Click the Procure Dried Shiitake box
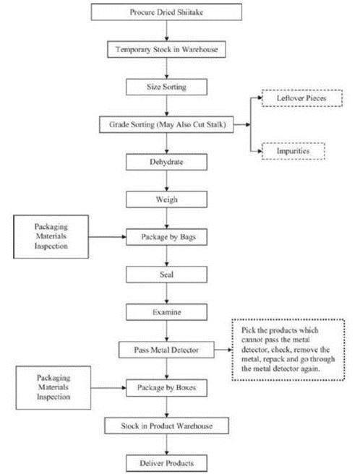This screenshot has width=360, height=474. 166,12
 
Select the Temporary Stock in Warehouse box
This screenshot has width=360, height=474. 166,49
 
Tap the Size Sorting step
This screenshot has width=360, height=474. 166,87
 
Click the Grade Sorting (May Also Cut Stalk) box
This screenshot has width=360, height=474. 166,124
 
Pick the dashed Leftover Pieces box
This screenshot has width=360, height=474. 302,98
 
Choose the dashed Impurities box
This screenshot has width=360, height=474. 293,151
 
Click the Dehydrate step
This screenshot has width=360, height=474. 166,162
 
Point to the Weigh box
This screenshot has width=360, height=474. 166,199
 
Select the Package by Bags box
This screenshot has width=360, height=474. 166,237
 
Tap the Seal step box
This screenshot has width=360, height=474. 166,275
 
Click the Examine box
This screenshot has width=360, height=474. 166,312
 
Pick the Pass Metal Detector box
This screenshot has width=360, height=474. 166,350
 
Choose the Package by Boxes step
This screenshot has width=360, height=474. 166,388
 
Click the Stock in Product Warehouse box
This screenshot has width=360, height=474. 166,426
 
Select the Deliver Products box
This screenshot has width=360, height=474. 166,463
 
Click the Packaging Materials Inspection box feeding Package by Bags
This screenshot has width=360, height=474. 51,237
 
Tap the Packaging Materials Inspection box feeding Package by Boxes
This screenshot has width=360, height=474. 53,388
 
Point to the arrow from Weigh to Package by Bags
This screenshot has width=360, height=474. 166,218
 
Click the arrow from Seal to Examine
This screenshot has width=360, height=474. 166,293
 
